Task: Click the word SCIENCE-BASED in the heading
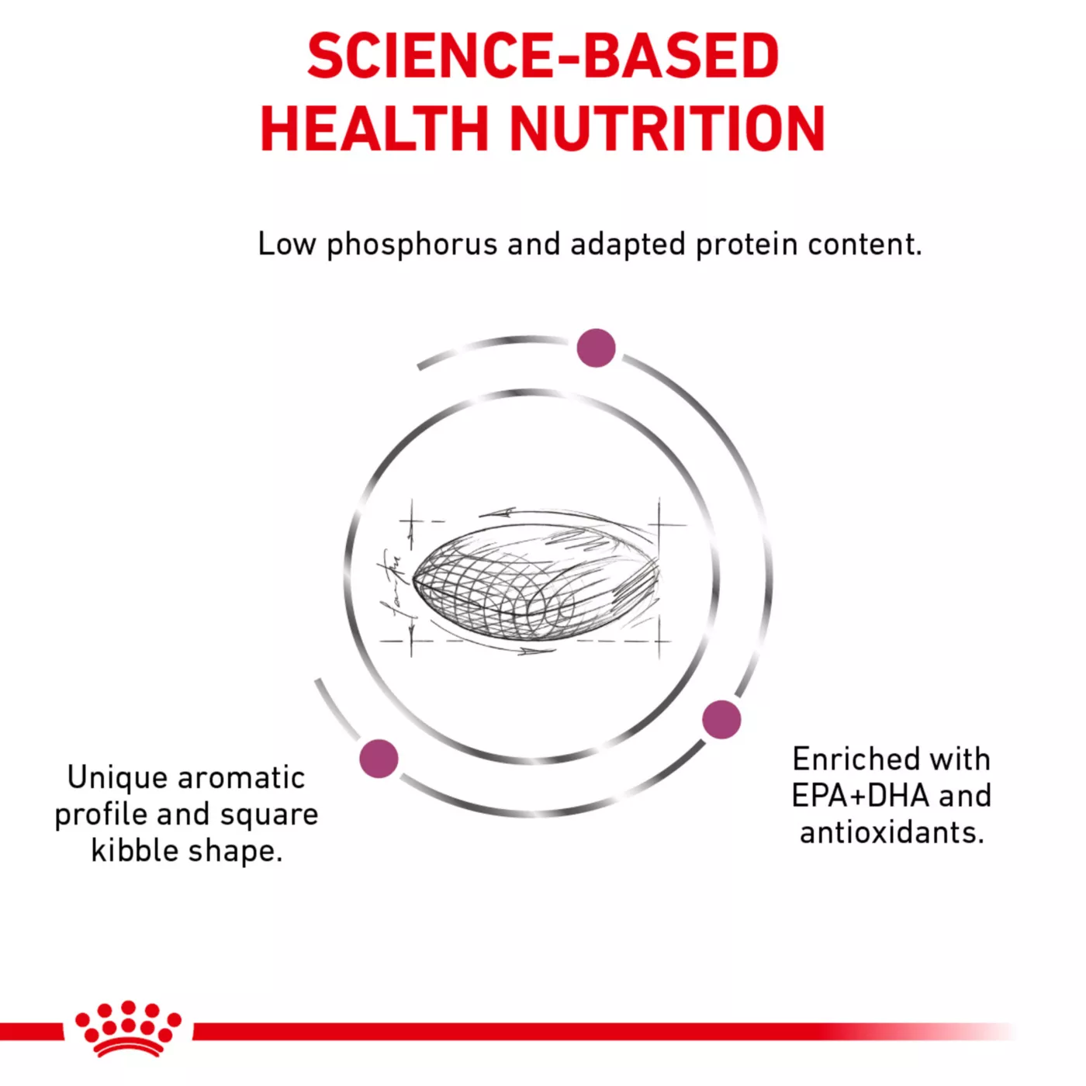[543, 57]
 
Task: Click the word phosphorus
[412, 246]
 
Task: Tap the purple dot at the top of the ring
[597, 348]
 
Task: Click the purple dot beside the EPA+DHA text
[721, 719]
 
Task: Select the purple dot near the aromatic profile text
[379, 759]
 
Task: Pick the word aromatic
[242, 778]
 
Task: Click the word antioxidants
[891, 832]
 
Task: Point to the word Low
[286, 244]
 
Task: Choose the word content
[865, 244]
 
